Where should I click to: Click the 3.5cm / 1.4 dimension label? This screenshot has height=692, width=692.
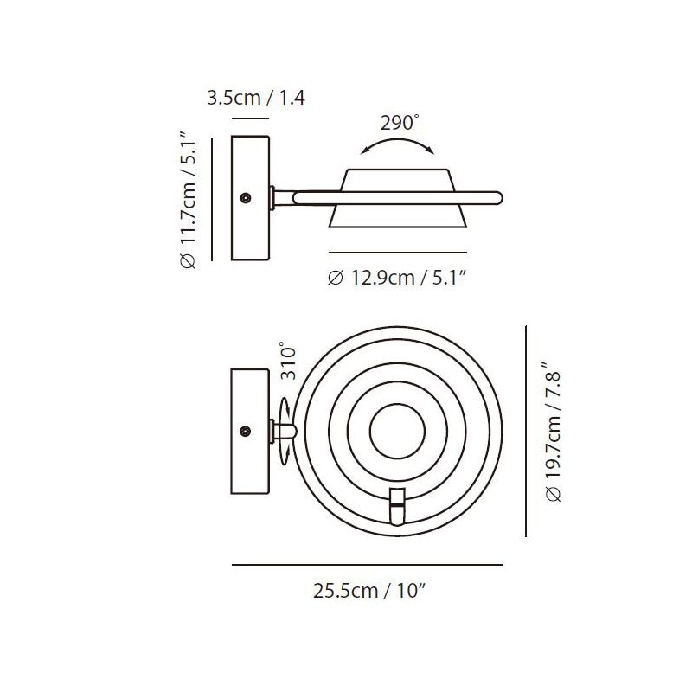(256, 98)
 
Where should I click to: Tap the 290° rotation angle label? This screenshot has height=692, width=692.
(400, 123)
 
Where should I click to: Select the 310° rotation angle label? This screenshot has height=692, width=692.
(288, 361)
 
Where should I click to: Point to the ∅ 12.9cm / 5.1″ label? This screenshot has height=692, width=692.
(397, 278)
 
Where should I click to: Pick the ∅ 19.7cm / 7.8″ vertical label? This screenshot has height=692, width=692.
(553, 432)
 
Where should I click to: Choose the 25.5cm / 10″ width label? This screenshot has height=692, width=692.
(369, 591)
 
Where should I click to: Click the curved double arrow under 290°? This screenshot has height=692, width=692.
(398, 141)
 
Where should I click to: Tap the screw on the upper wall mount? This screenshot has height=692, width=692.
(246, 198)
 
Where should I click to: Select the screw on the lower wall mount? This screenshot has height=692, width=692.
(246, 431)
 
